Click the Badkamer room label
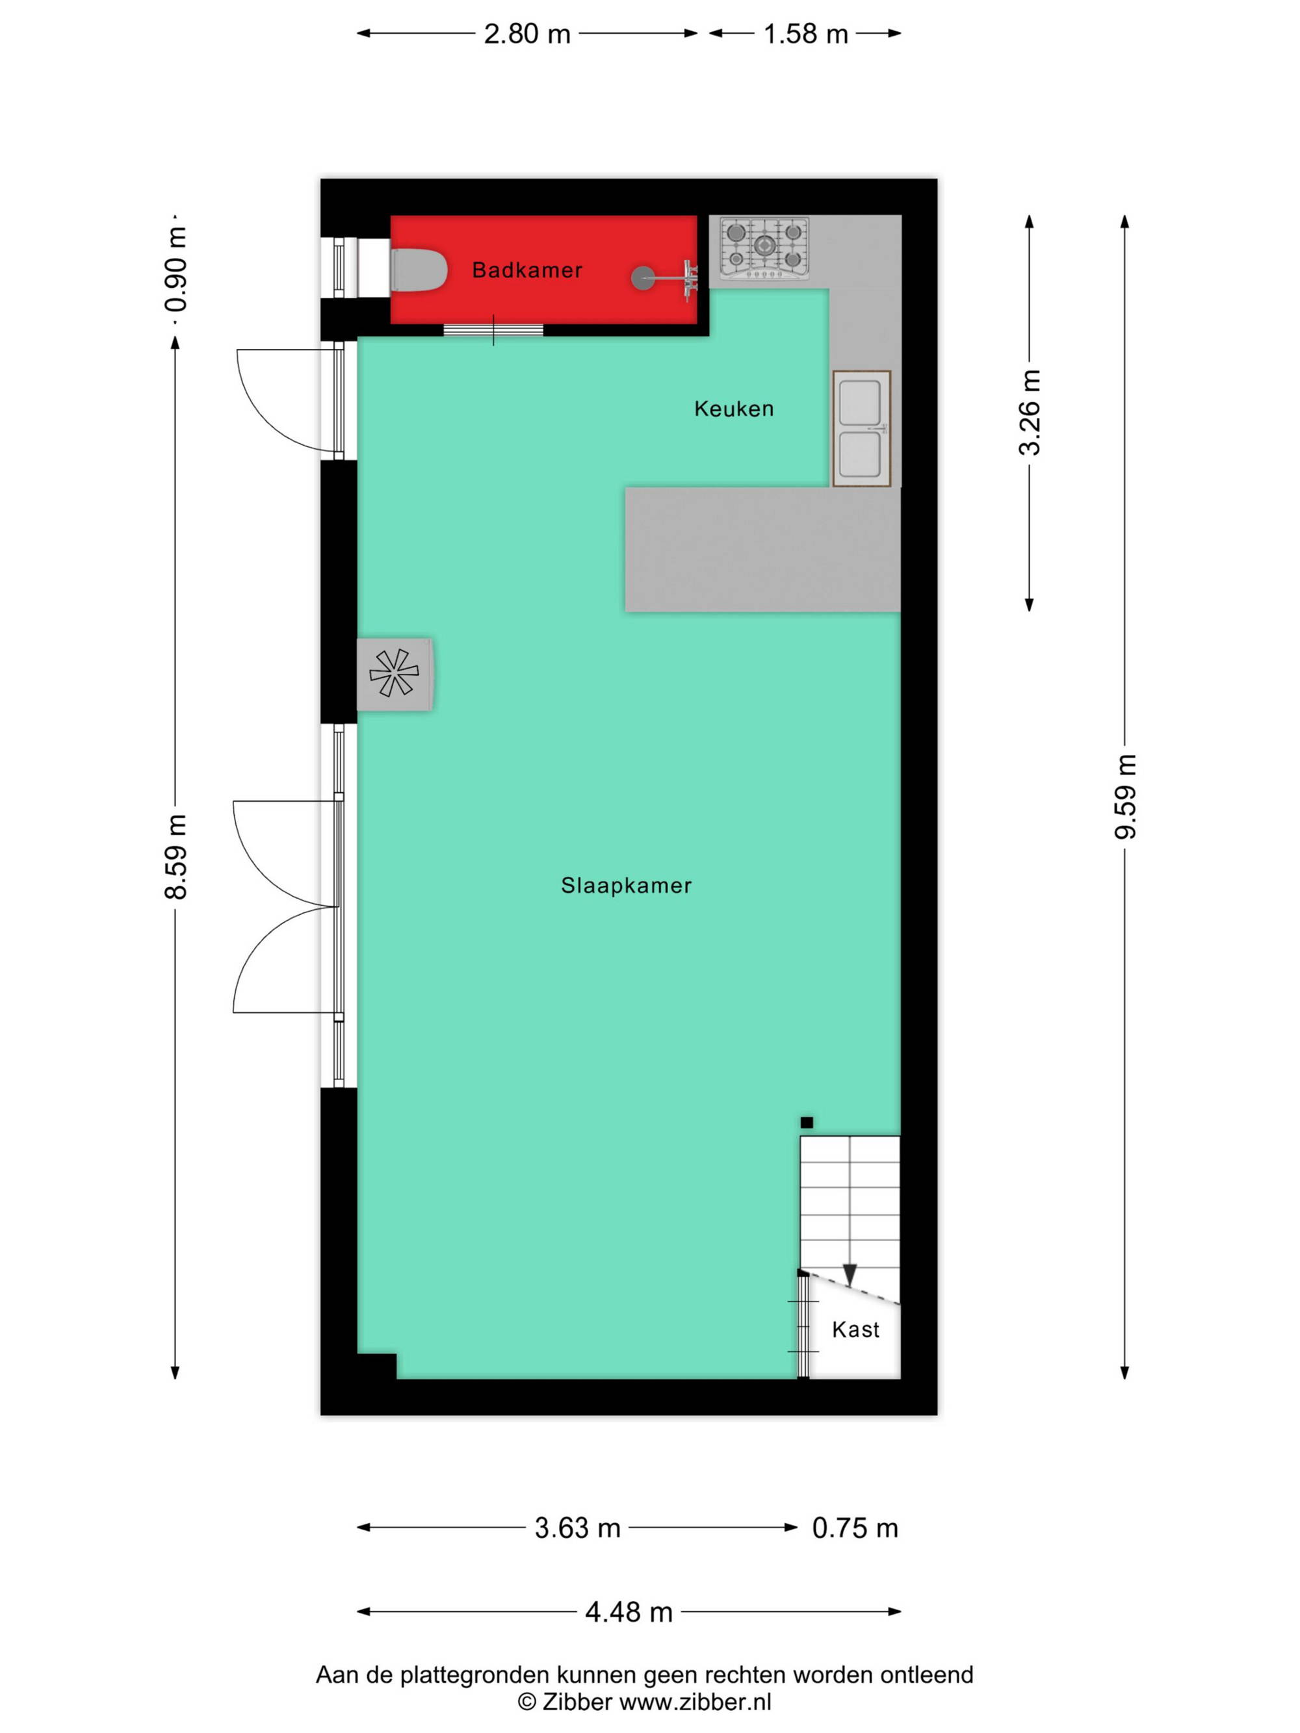[x=526, y=270]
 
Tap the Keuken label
[x=733, y=408]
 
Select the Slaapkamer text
[x=626, y=885]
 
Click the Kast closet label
[x=855, y=1329]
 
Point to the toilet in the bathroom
[x=419, y=270]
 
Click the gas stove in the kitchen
[x=764, y=248]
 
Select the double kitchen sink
[x=861, y=429]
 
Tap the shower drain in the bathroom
[x=643, y=277]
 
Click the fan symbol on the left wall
[x=394, y=673]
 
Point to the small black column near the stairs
[x=807, y=1122]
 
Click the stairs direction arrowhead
[x=850, y=1275]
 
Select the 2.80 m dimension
[x=526, y=34]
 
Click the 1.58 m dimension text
[x=805, y=34]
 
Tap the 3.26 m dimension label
[x=1030, y=412]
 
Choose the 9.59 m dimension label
[x=1125, y=796]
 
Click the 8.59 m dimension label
[x=175, y=856]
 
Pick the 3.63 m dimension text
[x=577, y=1528]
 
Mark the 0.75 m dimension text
[x=855, y=1528]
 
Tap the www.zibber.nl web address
[x=695, y=1702]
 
